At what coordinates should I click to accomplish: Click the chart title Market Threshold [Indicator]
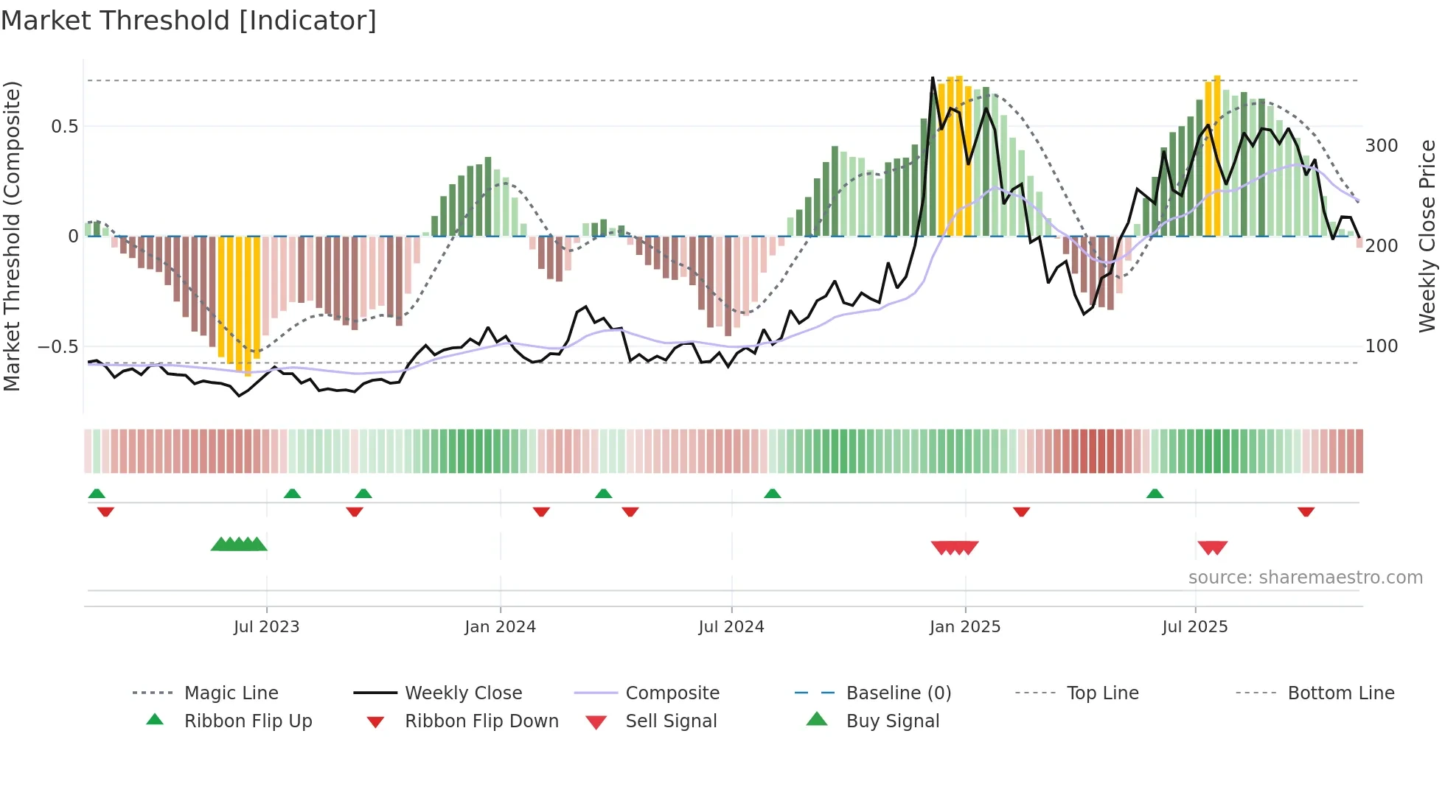coord(189,21)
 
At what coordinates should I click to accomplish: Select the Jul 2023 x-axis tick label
coord(266,627)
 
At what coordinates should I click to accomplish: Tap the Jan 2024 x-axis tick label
coord(500,627)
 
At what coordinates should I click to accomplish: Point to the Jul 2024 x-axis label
coord(731,627)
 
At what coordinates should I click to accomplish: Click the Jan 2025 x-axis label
coord(964,627)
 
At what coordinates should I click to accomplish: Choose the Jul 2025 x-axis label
coord(1194,627)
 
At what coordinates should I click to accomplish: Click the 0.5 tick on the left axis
coord(64,127)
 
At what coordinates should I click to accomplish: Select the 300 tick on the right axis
coord(1381,146)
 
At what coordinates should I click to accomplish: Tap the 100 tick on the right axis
coord(1381,346)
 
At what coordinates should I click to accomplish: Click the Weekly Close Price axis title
coord(1427,236)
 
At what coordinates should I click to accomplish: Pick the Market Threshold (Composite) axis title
coord(12,236)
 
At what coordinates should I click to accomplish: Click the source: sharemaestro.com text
coord(1305,578)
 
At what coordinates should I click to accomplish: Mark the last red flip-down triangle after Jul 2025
coord(1306,511)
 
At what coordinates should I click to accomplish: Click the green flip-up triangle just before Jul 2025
coord(1155,494)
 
